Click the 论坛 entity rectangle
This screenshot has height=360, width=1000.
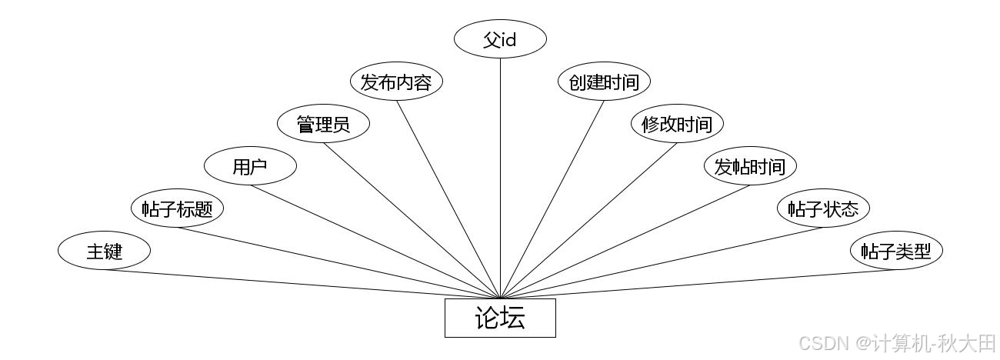[500, 318]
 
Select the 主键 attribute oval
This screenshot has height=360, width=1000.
[104, 251]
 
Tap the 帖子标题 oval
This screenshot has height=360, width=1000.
[177, 208]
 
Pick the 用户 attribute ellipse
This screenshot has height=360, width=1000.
[250, 166]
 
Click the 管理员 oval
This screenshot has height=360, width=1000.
[323, 124]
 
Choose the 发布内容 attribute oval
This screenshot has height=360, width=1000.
[396, 82]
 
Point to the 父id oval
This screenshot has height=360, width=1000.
[500, 39]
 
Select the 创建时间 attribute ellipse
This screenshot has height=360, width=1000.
[604, 82]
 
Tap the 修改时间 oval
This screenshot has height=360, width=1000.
[677, 124]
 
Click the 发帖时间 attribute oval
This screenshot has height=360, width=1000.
[750, 166]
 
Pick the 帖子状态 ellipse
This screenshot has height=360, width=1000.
[823, 208]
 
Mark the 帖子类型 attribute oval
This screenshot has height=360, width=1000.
[896, 251]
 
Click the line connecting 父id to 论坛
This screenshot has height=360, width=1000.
[500, 177]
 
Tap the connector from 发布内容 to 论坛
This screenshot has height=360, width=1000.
[448, 199]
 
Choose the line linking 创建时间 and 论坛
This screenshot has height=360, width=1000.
[552, 199]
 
